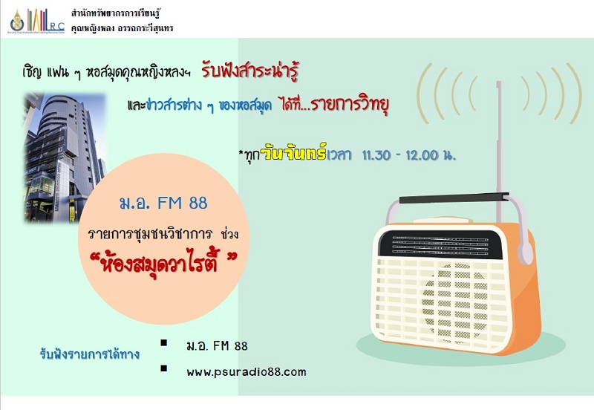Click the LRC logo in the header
coord(36,21)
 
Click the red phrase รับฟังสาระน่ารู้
coord(250,71)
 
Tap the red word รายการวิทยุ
coord(350,105)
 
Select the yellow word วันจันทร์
coord(295,154)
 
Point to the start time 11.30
coord(376,155)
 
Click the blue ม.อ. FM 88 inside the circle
coord(163,203)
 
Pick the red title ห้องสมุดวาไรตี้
coord(164,263)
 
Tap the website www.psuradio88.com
coord(247,371)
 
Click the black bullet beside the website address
coord(163,368)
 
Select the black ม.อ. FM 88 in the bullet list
coord(217,345)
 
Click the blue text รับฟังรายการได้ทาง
coord(90,355)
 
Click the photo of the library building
coord(65,157)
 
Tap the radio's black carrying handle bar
coord(454,198)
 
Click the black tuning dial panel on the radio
coord(440,244)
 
